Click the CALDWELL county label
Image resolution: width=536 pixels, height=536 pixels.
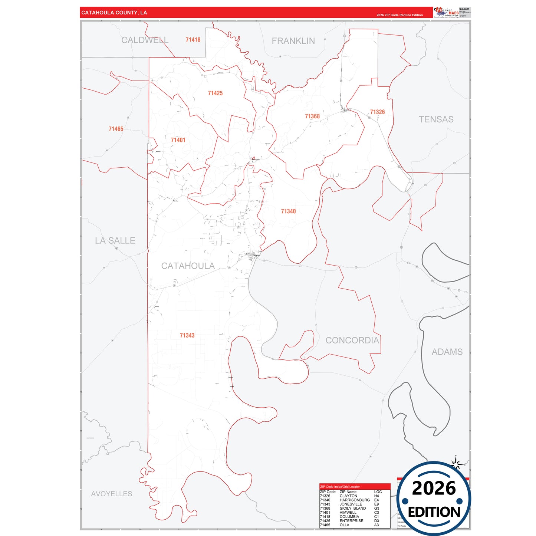[x=145, y=40]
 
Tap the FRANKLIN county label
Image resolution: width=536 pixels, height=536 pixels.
[x=293, y=41]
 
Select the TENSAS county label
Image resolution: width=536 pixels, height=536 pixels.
[x=436, y=119]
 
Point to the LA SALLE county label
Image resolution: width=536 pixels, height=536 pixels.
[x=115, y=240]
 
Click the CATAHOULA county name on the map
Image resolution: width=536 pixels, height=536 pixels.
[x=188, y=266]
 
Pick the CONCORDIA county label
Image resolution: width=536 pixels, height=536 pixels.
[x=352, y=340]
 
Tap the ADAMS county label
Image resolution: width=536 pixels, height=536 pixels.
[x=447, y=352]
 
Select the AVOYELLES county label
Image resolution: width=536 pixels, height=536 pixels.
[x=112, y=494]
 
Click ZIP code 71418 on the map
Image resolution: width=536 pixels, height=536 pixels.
[x=193, y=40]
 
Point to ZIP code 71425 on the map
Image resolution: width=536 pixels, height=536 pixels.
[x=215, y=93]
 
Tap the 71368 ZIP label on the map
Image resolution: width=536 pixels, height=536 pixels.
[x=312, y=116]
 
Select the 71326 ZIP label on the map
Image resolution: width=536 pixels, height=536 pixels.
[x=377, y=112]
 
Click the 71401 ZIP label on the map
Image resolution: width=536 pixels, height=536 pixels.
[x=178, y=140]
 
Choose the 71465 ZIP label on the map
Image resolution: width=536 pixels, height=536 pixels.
[x=116, y=129]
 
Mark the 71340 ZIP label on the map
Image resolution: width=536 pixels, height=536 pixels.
[x=288, y=211]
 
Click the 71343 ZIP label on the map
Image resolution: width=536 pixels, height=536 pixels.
[x=187, y=335]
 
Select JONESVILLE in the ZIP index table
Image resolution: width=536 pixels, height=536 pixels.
[x=351, y=504]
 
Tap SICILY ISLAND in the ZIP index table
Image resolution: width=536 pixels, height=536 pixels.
[x=352, y=508]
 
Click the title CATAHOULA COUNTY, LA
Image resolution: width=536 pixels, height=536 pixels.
[x=114, y=13]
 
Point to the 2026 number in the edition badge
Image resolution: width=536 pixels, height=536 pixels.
[x=434, y=488]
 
